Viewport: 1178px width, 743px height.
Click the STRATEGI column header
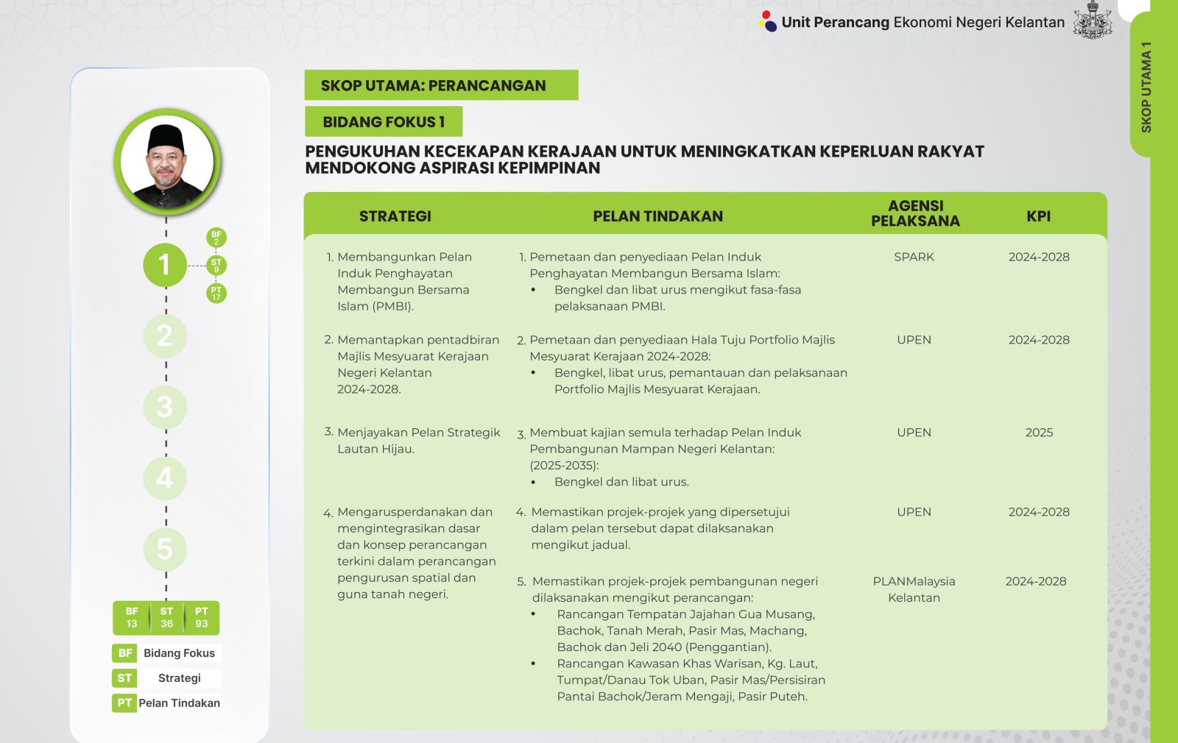pyautogui.click(x=395, y=216)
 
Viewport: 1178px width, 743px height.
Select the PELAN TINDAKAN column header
pyautogui.click(x=657, y=216)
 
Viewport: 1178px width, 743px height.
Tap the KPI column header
pyautogui.click(x=1038, y=216)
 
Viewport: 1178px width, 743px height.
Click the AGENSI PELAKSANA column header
pyautogui.click(x=915, y=213)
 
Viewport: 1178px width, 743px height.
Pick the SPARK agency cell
pyautogui.click(x=914, y=257)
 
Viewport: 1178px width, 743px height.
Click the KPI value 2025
pyautogui.click(x=1039, y=433)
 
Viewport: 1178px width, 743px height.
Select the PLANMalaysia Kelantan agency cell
pyautogui.click(x=914, y=589)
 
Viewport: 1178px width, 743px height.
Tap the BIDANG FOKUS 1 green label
pyautogui.click(x=384, y=122)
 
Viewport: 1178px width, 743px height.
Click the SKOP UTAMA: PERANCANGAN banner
pyautogui.click(x=441, y=85)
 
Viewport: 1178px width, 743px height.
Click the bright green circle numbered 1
pyautogui.click(x=165, y=265)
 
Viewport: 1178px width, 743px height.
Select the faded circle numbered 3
pyautogui.click(x=165, y=407)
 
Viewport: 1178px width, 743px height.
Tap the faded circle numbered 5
pyautogui.click(x=165, y=549)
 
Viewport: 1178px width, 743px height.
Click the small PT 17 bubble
pyautogui.click(x=216, y=294)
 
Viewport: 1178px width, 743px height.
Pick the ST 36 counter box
pyautogui.click(x=166, y=618)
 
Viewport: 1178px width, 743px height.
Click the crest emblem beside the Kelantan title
pyautogui.click(x=1093, y=21)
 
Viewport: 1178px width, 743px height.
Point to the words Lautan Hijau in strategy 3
pyautogui.click(x=375, y=449)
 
